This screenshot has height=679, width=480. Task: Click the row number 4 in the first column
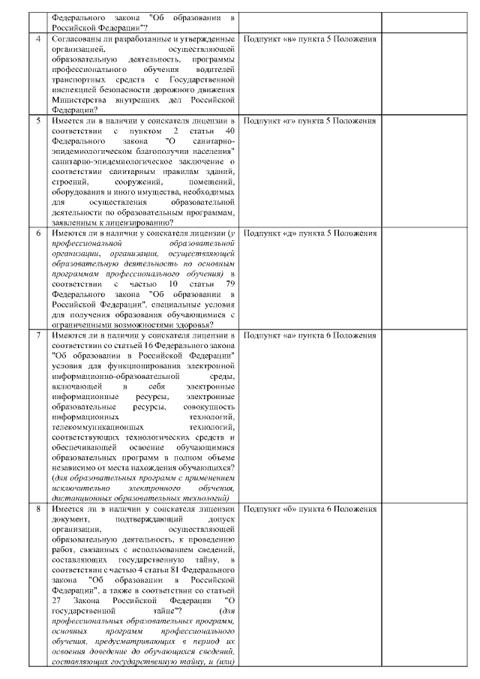click(x=38, y=38)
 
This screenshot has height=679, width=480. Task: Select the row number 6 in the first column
click(x=38, y=233)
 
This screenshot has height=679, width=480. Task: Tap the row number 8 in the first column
click(x=38, y=509)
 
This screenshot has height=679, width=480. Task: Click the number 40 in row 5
click(x=229, y=131)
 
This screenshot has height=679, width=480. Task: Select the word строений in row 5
click(x=67, y=181)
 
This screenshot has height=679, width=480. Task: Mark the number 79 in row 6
click(x=229, y=285)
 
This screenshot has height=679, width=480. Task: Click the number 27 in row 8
click(x=57, y=601)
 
